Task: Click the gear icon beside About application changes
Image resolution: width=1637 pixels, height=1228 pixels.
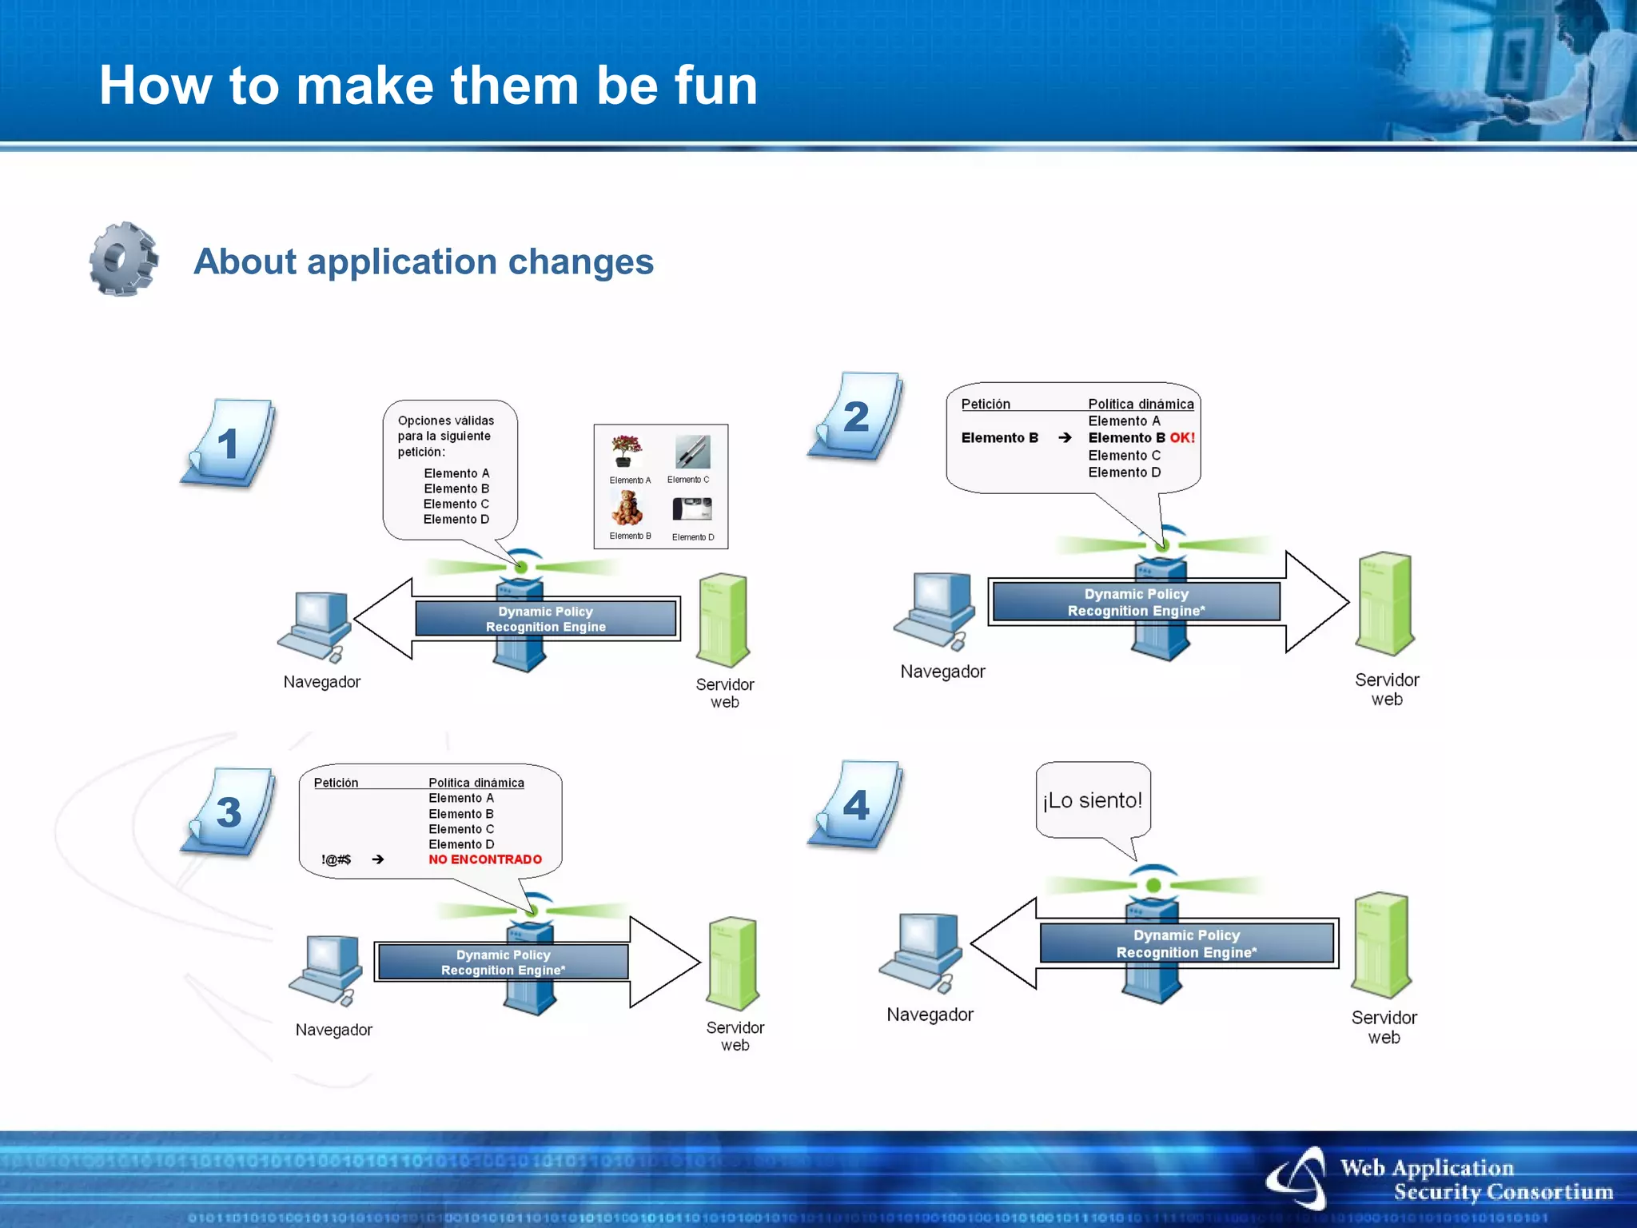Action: pos(123,260)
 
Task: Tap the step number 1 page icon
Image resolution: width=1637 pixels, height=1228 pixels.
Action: pos(228,444)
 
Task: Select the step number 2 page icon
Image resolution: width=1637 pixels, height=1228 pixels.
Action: pos(855,417)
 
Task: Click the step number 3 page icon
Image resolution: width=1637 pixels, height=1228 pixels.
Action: pos(229,812)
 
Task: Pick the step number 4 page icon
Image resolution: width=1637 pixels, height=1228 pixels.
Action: pos(855,805)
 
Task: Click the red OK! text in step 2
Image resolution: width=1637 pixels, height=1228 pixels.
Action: pos(1182,438)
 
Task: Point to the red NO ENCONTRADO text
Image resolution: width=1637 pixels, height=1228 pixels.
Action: pos(484,859)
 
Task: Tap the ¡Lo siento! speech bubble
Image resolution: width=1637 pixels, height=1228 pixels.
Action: pos(1093,801)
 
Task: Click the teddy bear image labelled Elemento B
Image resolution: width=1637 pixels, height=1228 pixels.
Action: pos(627,508)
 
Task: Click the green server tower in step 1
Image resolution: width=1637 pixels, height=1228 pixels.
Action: pos(723,620)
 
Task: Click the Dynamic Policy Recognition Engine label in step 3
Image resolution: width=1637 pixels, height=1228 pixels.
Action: pos(503,963)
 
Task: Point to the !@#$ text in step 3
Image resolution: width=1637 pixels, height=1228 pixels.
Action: pos(336,859)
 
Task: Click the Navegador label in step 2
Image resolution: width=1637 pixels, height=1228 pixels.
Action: pos(942,672)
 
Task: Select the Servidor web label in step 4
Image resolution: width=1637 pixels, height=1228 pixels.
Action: pos(1384,1027)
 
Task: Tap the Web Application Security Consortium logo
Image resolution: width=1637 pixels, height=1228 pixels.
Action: pos(1439,1180)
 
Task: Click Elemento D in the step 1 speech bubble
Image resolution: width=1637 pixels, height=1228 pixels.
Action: pos(456,520)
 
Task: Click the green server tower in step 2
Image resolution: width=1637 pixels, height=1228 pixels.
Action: pos(1385,604)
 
